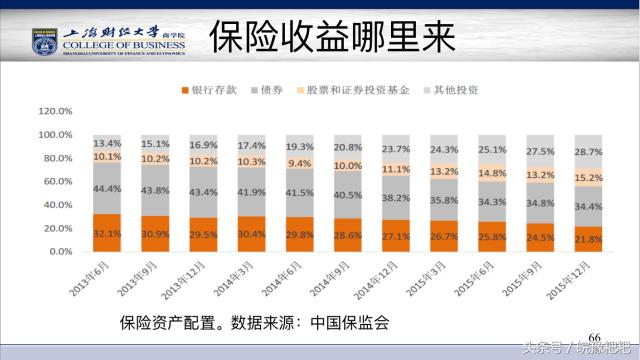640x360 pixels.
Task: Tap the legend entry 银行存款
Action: [x=214, y=91]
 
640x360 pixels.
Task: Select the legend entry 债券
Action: [x=272, y=91]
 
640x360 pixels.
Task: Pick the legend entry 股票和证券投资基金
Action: [x=357, y=91]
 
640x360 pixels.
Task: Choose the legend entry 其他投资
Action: [x=456, y=91]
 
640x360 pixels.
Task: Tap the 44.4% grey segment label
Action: [x=108, y=189]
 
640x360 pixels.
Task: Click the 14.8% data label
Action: [x=492, y=172]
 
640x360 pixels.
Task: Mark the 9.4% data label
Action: [x=300, y=163]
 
